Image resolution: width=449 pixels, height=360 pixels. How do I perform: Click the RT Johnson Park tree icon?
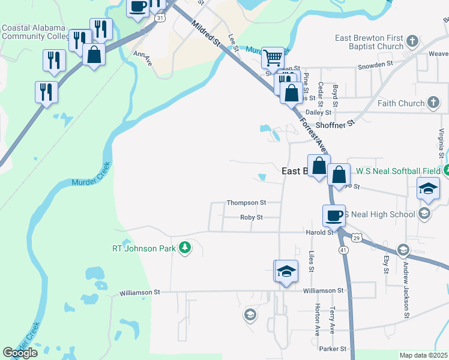[185, 248]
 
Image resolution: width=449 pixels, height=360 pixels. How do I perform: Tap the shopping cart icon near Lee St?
[273, 58]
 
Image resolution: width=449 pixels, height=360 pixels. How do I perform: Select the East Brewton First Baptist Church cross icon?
[412, 41]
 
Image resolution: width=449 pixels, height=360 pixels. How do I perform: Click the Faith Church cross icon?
[433, 103]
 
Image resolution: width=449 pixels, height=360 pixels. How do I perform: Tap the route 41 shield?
[343, 249]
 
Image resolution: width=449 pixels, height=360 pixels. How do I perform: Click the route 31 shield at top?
[159, 19]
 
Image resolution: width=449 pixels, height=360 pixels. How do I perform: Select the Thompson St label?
[246, 203]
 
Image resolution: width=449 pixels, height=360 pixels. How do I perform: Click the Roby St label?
[252, 217]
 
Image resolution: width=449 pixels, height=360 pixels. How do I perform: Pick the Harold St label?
[319, 232]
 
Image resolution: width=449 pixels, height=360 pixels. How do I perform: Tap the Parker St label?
[333, 349]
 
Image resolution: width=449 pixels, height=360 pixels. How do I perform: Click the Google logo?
[20, 353]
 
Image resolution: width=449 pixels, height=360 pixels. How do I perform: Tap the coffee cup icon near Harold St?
[333, 215]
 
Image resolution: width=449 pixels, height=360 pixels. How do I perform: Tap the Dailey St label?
[318, 112]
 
